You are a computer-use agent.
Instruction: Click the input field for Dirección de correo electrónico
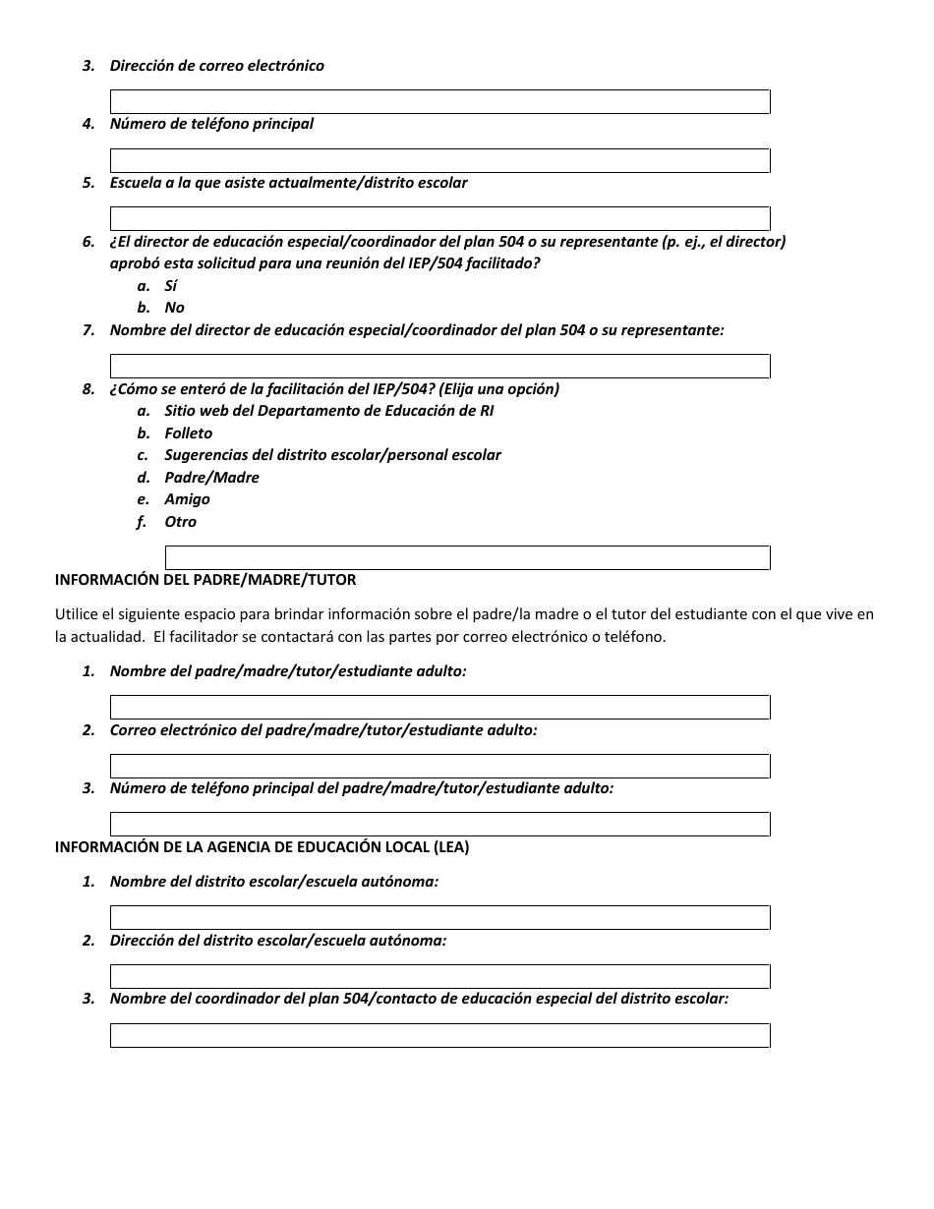[x=439, y=101]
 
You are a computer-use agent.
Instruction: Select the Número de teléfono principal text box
[x=439, y=160]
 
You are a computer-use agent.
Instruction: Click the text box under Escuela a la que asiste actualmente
[x=439, y=218]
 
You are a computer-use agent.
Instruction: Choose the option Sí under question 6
[x=171, y=286]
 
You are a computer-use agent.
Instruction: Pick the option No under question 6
[x=174, y=308]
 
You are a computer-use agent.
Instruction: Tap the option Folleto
[x=188, y=433]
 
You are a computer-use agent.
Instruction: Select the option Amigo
[x=187, y=499]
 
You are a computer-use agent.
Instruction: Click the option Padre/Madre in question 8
[x=211, y=478]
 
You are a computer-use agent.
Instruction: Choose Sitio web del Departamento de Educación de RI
[x=328, y=411]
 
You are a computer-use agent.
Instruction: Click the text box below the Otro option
[x=467, y=557]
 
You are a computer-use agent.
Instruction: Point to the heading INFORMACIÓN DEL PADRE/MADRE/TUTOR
[x=205, y=580]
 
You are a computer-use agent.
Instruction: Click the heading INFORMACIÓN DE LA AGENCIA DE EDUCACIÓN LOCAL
[x=262, y=847]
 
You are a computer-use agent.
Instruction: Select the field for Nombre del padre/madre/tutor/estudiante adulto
[x=439, y=707]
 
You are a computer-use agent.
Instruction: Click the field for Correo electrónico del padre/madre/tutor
[x=439, y=766]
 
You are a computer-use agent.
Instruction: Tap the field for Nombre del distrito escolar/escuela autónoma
[x=439, y=917]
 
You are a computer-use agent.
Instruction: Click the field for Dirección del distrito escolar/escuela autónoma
[x=439, y=976]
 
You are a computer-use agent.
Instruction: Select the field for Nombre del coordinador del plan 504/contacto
[x=439, y=1035]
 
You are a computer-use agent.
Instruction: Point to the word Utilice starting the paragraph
[x=77, y=614]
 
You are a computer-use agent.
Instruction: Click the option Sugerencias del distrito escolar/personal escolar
[x=332, y=455]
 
